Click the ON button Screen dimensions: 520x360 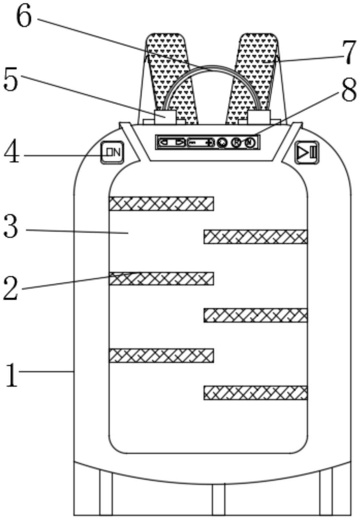(x=112, y=152)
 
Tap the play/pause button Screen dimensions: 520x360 (x=307, y=152)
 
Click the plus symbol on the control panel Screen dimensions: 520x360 (x=209, y=143)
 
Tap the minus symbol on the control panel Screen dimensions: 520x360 (x=193, y=143)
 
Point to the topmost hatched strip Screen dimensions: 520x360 (x=161, y=204)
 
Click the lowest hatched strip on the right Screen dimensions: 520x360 (x=255, y=393)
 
